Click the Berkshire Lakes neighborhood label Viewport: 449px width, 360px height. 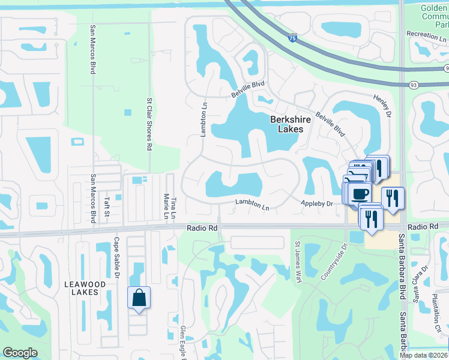(x=291, y=124)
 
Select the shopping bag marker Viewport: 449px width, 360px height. (x=139, y=298)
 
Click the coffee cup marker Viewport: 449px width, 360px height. (x=360, y=194)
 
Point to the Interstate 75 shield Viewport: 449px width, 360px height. (x=292, y=38)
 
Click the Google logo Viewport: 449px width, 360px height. (x=20, y=353)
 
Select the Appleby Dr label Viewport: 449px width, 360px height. (x=317, y=204)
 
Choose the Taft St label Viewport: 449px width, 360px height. (x=106, y=205)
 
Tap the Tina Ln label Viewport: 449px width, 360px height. (x=173, y=205)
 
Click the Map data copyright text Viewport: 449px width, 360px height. (x=424, y=355)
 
